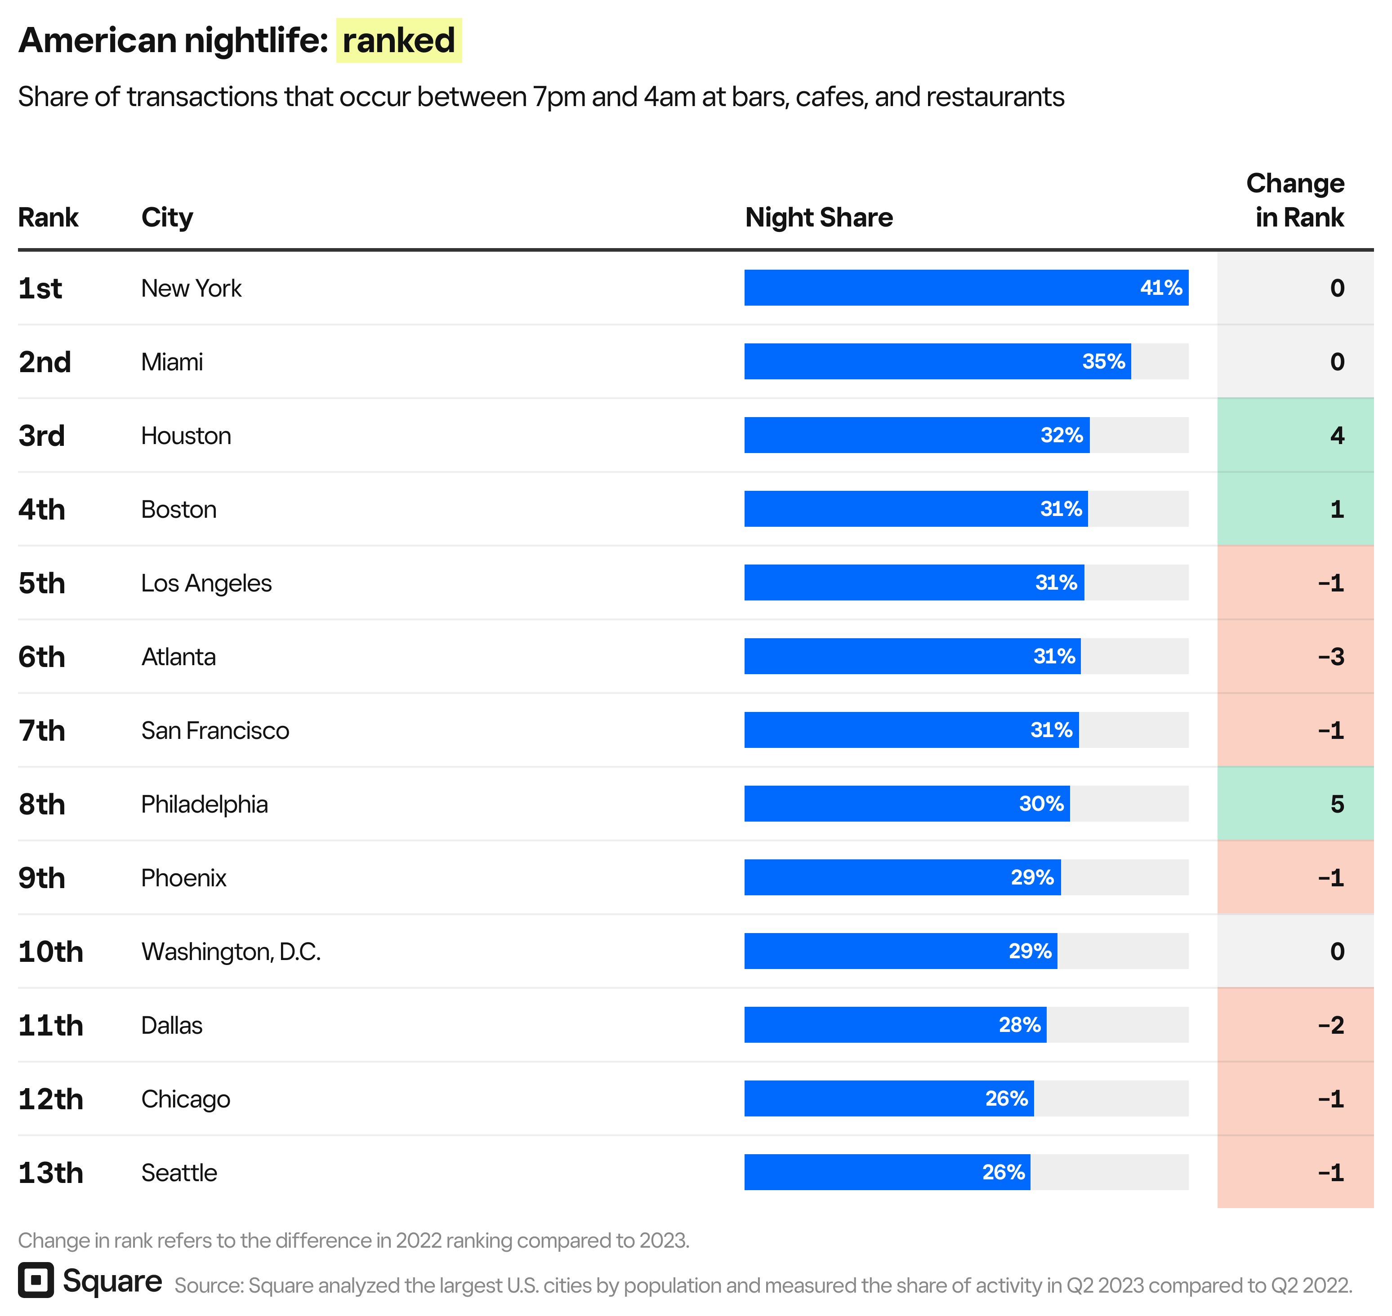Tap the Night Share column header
coord(818,218)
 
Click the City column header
coord(167,218)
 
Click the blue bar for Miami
coord(912,361)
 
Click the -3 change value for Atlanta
coord(1330,657)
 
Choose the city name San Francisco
coord(215,730)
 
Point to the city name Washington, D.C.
coord(231,951)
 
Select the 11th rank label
coord(50,1025)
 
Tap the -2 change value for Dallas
coord(1330,1025)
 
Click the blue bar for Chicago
coord(863,1098)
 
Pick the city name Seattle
coord(179,1172)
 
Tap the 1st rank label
coord(40,288)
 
